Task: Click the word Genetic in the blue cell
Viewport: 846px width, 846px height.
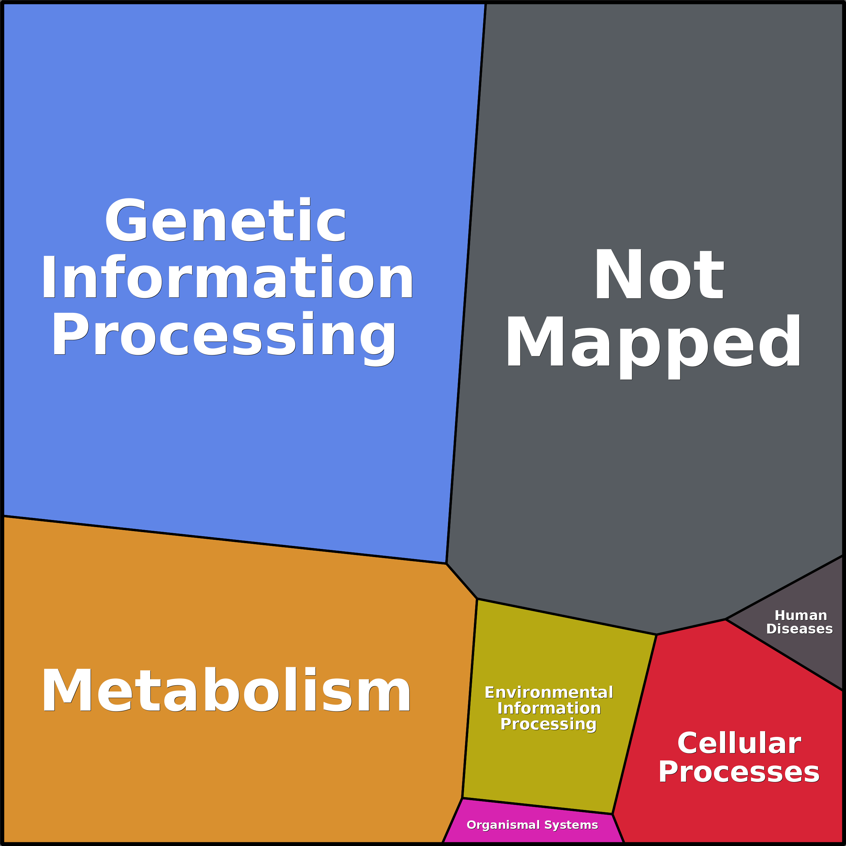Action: click(225, 220)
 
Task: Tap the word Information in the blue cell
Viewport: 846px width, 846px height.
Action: click(227, 277)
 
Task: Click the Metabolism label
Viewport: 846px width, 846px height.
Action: click(226, 691)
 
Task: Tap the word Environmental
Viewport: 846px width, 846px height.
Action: click(549, 692)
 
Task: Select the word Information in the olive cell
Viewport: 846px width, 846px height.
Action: click(549, 708)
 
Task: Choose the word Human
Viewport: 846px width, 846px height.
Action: click(801, 615)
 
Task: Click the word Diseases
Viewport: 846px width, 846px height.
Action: click(800, 629)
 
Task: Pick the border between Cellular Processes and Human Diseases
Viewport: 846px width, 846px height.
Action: click(784, 655)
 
